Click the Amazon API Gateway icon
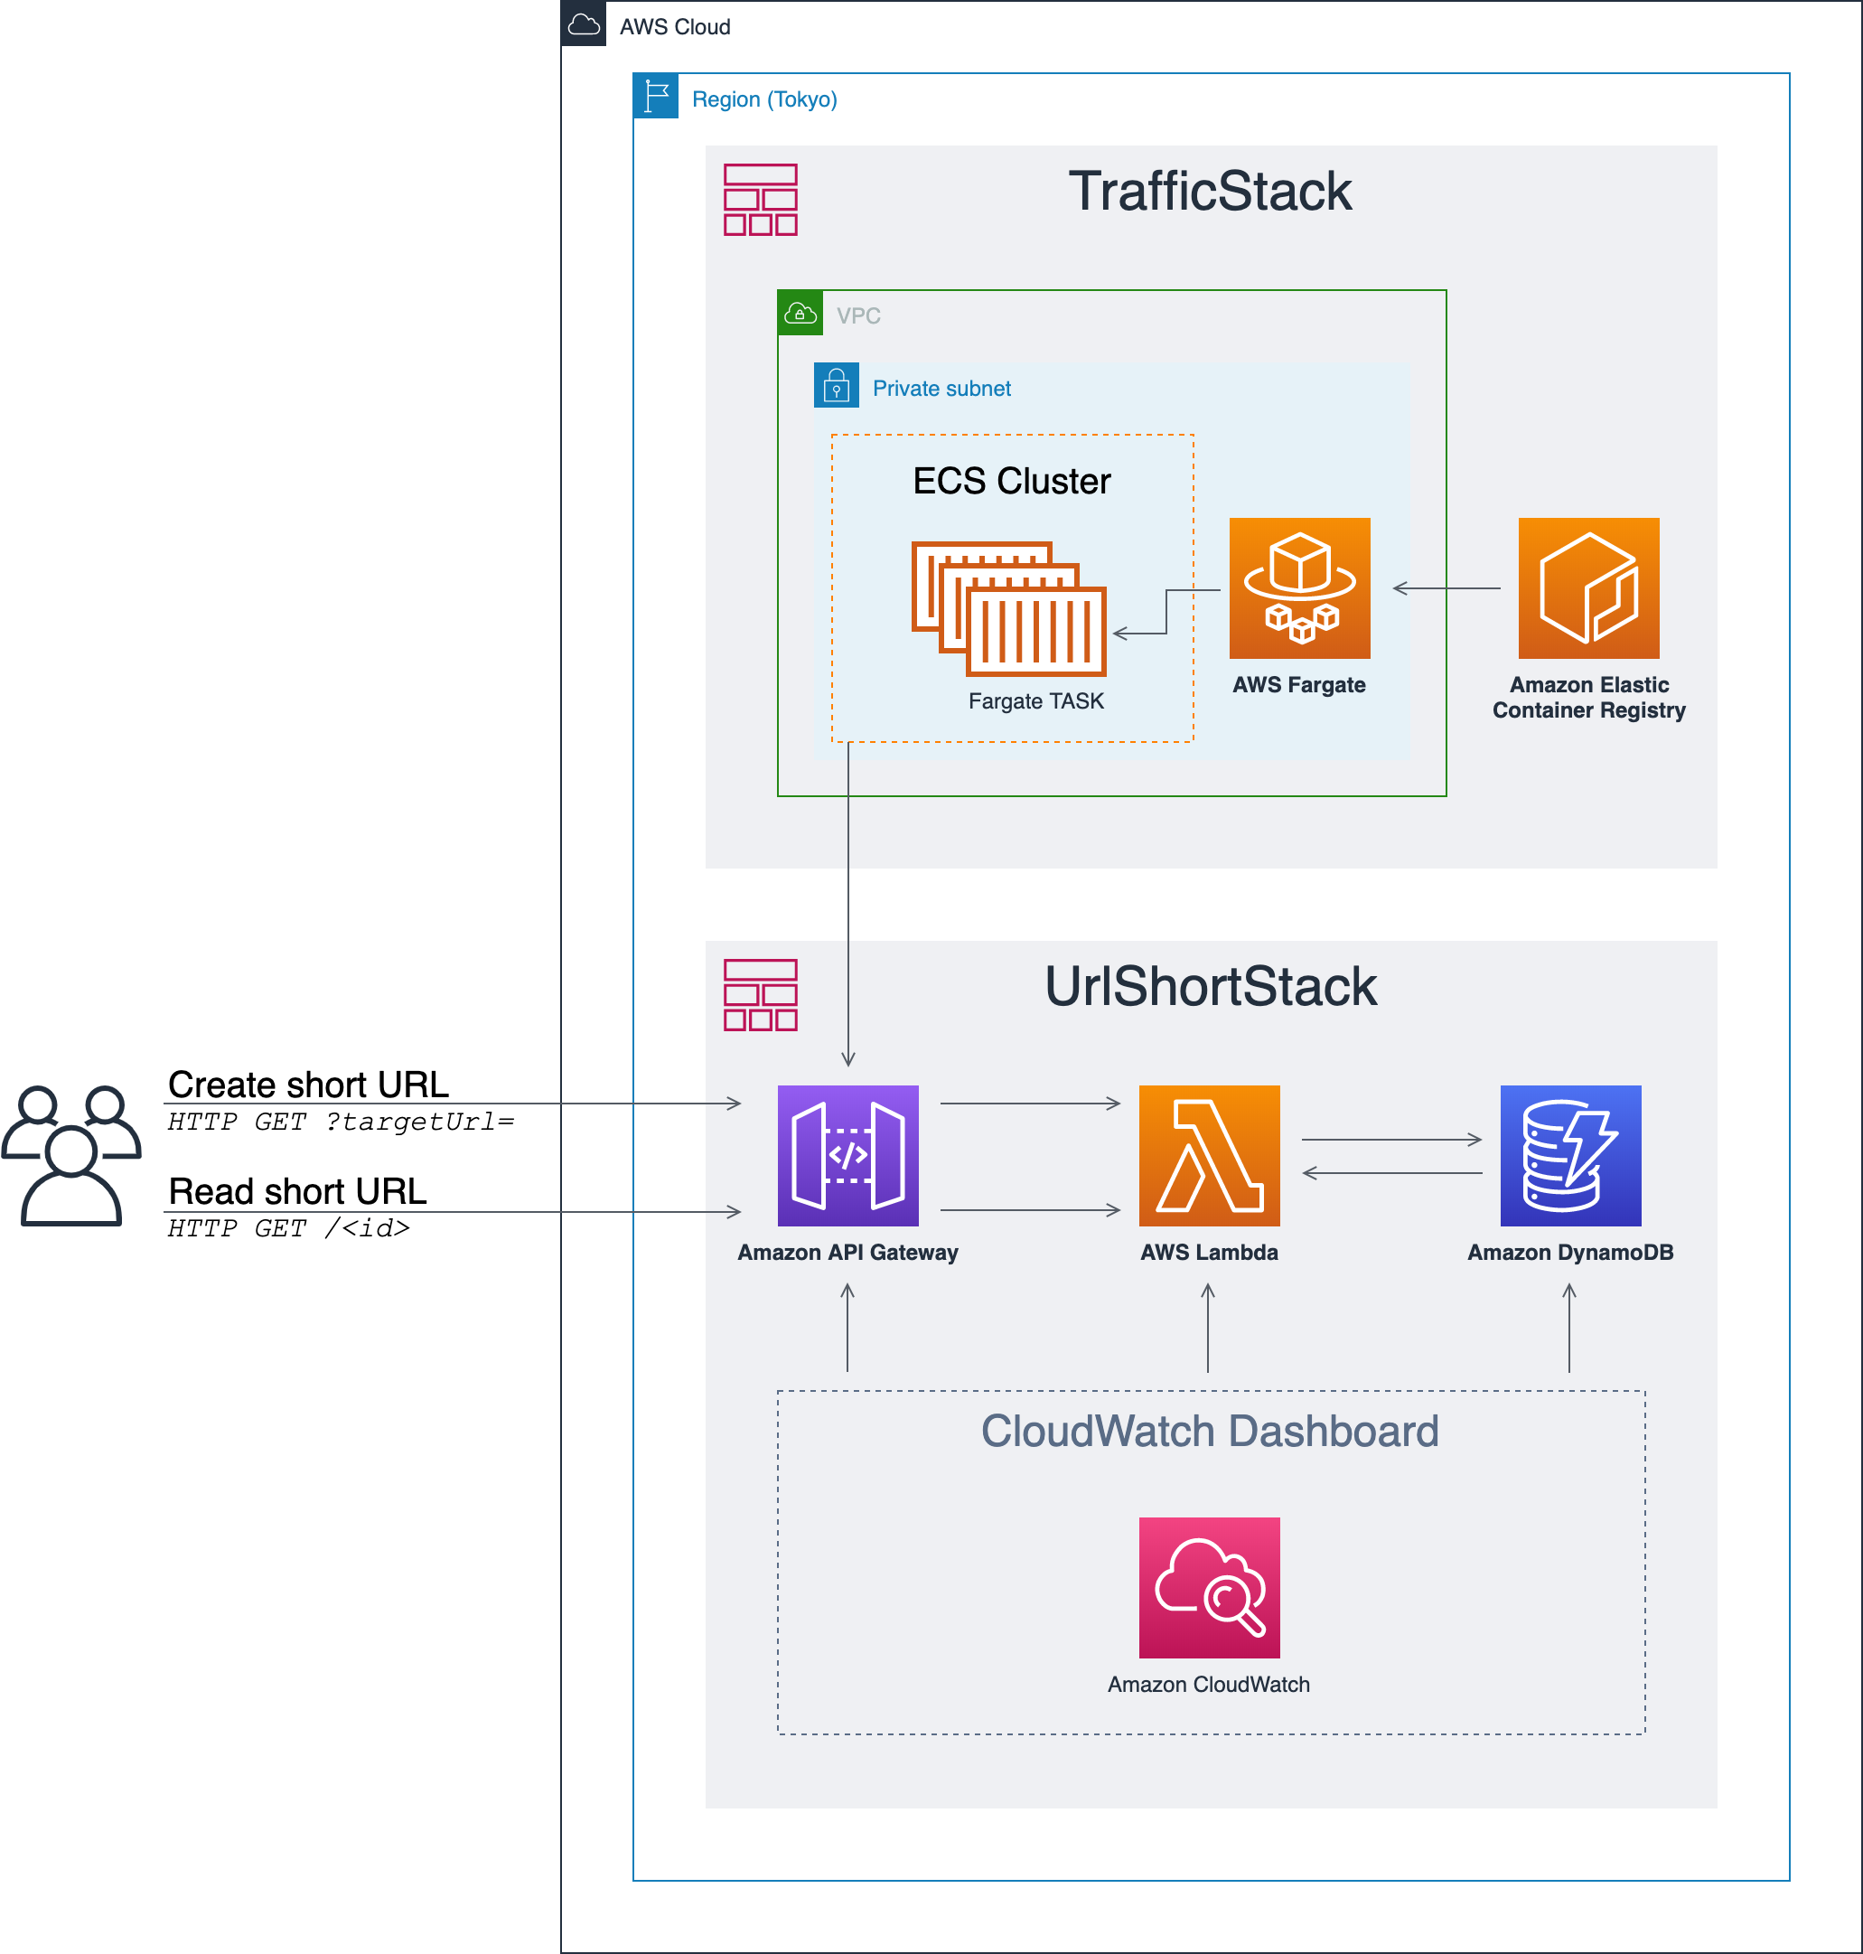(x=847, y=1155)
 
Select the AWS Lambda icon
(x=1209, y=1155)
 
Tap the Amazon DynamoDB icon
(x=1570, y=1155)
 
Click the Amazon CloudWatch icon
(x=1209, y=1587)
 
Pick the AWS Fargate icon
(x=1299, y=588)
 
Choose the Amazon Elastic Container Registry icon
(x=1588, y=588)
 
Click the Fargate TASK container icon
(x=1008, y=608)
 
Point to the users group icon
(x=71, y=1155)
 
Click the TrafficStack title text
(x=1210, y=191)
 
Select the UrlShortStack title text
(x=1210, y=986)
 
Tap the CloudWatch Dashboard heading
(x=1210, y=1431)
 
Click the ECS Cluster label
(x=1011, y=481)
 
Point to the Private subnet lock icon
(x=836, y=384)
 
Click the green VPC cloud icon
(x=800, y=313)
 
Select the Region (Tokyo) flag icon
(x=655, y=96)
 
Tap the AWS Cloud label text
(x=674, y=27)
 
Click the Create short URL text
(x=308, y=1084)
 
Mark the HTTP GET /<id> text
(x=288, y=1229)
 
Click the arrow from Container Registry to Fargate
(x=1446, y=588)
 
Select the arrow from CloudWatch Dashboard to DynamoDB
(x=1569, y=1327)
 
